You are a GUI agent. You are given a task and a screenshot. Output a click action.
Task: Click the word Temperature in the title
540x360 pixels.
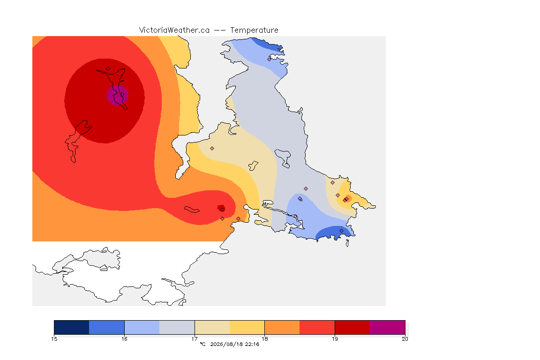click(x=254, y=30)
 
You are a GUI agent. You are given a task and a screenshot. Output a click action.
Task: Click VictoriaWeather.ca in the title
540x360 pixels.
click(x=174, y=30)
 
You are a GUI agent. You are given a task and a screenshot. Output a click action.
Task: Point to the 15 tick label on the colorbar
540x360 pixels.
click(x=54, y=339)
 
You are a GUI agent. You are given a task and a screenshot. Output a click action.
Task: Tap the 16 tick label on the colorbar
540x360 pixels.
click(x=124, y=339)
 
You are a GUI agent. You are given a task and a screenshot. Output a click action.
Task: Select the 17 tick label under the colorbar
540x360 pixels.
click(x=195, y=339)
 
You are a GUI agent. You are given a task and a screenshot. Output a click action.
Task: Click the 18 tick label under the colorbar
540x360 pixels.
click(x=264, y=339)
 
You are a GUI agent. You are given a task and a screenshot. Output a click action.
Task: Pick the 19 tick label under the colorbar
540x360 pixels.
click(x=335, y=339)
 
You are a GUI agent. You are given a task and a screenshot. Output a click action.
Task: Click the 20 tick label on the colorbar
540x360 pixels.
click(x=405, y=339)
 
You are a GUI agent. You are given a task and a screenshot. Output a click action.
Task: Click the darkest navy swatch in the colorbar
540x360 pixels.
click(x=72, y=327)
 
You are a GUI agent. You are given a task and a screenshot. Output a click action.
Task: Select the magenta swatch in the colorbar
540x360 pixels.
click(x=388, y=327)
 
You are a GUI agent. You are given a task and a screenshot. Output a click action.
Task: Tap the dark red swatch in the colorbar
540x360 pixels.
click(x=352, y=327)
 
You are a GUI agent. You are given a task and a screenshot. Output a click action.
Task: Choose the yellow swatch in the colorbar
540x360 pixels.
click(x=247, y=327)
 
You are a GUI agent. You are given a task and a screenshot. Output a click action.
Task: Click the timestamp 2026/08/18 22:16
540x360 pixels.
click(x=234, y=344)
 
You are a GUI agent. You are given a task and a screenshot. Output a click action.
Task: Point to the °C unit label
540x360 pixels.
click(x=202, y=344)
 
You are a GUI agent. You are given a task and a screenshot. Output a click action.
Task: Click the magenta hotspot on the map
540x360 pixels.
click(x=118, y=95)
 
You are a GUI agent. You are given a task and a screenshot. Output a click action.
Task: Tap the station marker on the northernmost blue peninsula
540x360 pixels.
click(x=270, y=59)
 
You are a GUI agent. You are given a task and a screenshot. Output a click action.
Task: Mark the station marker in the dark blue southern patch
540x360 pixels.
click(x=341, y=231)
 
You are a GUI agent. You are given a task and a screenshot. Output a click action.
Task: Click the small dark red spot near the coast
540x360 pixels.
click(x=221, y=208)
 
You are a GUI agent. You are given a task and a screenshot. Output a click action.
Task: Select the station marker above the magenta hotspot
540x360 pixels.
click(x=108, y=69)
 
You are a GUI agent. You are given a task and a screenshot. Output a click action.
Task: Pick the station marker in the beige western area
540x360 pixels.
click(x=212, y=149)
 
